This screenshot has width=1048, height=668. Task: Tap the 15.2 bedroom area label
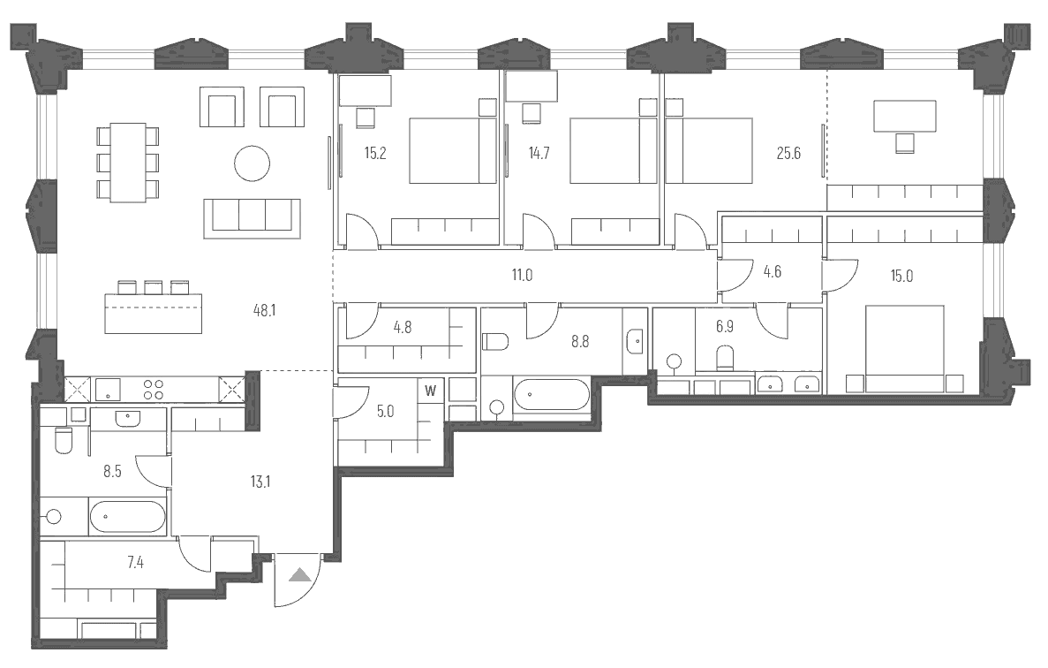coord(375,152)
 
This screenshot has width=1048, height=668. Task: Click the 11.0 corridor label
coord(522,275)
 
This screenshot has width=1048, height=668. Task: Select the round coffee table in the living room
coord(252,163)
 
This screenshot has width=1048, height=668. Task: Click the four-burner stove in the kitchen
coord(153,390)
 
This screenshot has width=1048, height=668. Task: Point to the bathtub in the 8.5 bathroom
coord(128,517)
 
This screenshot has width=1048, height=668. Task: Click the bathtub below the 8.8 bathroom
coord(551,394)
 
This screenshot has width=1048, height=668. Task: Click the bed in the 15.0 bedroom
coord(905,348)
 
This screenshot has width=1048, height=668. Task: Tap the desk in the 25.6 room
coord(905,116)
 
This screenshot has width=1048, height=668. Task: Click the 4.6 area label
coord(772,271)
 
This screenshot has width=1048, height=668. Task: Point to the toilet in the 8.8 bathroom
coord(495,340)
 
